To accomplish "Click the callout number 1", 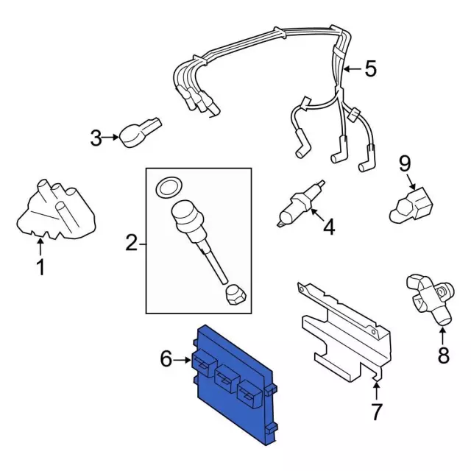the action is click(x=40, y=266).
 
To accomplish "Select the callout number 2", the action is click(x=131, y=243).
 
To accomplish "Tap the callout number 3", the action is click(x=96, y=138).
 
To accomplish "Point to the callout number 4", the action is click(x=329, y=227).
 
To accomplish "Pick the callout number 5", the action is click(x=370, y=68).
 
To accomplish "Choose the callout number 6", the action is click(x=166, y=358).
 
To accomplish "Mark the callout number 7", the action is click(x=376, y=411).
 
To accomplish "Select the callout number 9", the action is click(x=404, y=163).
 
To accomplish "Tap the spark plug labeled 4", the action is click(x=300, y=204).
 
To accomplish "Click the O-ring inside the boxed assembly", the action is click(x=169, y=188).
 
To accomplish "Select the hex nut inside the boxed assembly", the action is click(x=235, y=294).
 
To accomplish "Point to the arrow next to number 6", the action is click(x=182, y=359).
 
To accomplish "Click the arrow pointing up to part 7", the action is click(x=376, y=390).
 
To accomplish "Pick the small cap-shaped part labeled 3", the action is click(x=141, y=132).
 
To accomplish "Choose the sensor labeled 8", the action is click(x=430, y=300).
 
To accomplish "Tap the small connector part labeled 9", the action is click(x=411, y=205).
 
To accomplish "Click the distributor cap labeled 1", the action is click(x=56, y=210).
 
